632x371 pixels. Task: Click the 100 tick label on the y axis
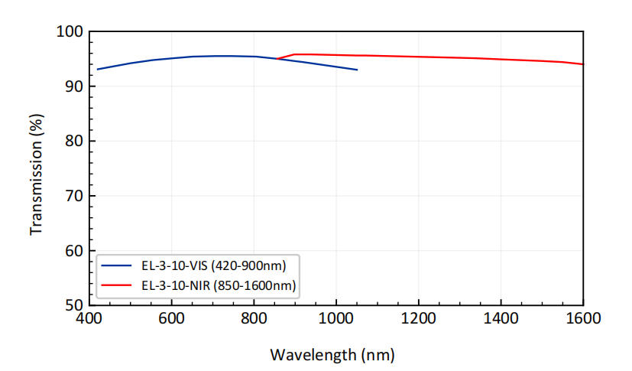click(69, 32)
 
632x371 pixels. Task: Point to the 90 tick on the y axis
click(73, 86)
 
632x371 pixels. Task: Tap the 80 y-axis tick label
click(73, 142)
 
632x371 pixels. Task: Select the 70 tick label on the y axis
click(73, 197)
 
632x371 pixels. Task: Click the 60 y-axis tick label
click(73, 251)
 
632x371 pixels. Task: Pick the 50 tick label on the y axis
click(73, 305)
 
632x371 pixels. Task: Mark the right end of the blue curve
click(357, 70)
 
